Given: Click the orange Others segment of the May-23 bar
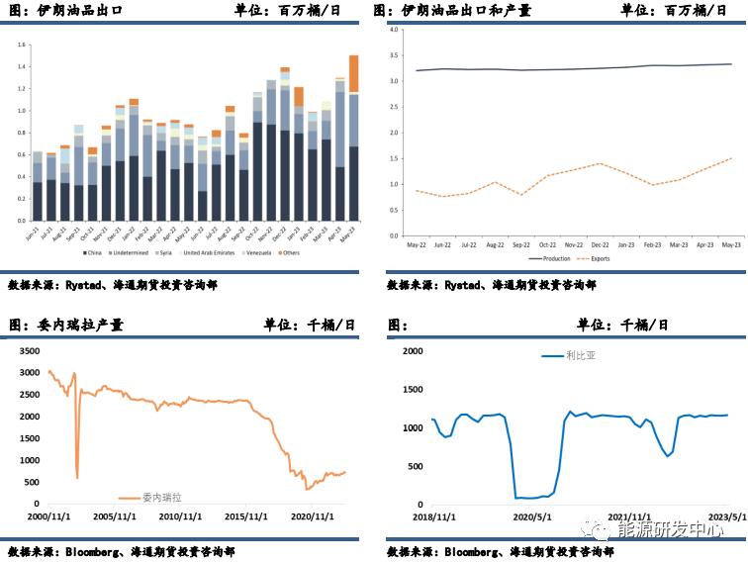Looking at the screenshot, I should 354,73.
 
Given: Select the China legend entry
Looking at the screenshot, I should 93,253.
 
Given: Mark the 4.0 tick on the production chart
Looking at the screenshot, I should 393,30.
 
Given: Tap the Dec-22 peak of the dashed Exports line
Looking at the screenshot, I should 599,163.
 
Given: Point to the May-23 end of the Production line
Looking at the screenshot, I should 731,64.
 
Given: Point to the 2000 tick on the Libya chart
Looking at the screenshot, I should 410,350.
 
